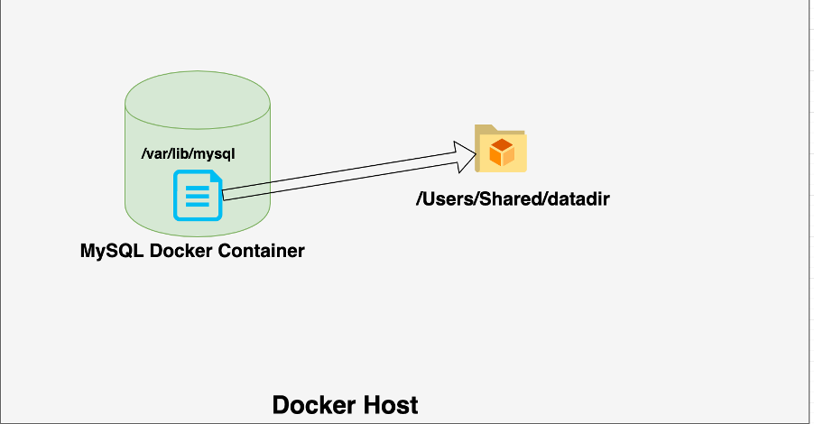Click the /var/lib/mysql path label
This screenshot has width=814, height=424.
188,154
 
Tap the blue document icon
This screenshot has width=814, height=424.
198,197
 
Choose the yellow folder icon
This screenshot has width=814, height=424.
501,149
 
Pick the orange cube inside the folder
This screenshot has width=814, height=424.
501,152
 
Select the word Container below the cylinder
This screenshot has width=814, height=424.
261,250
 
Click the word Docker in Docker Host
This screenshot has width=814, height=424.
311,405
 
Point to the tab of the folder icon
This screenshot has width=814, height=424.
485,130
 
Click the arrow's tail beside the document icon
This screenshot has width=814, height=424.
226,193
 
